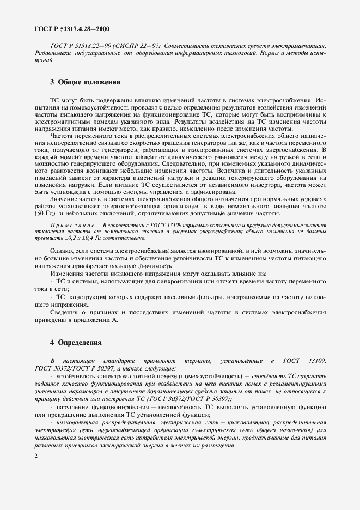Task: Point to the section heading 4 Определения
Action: click(x=76, y=343)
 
